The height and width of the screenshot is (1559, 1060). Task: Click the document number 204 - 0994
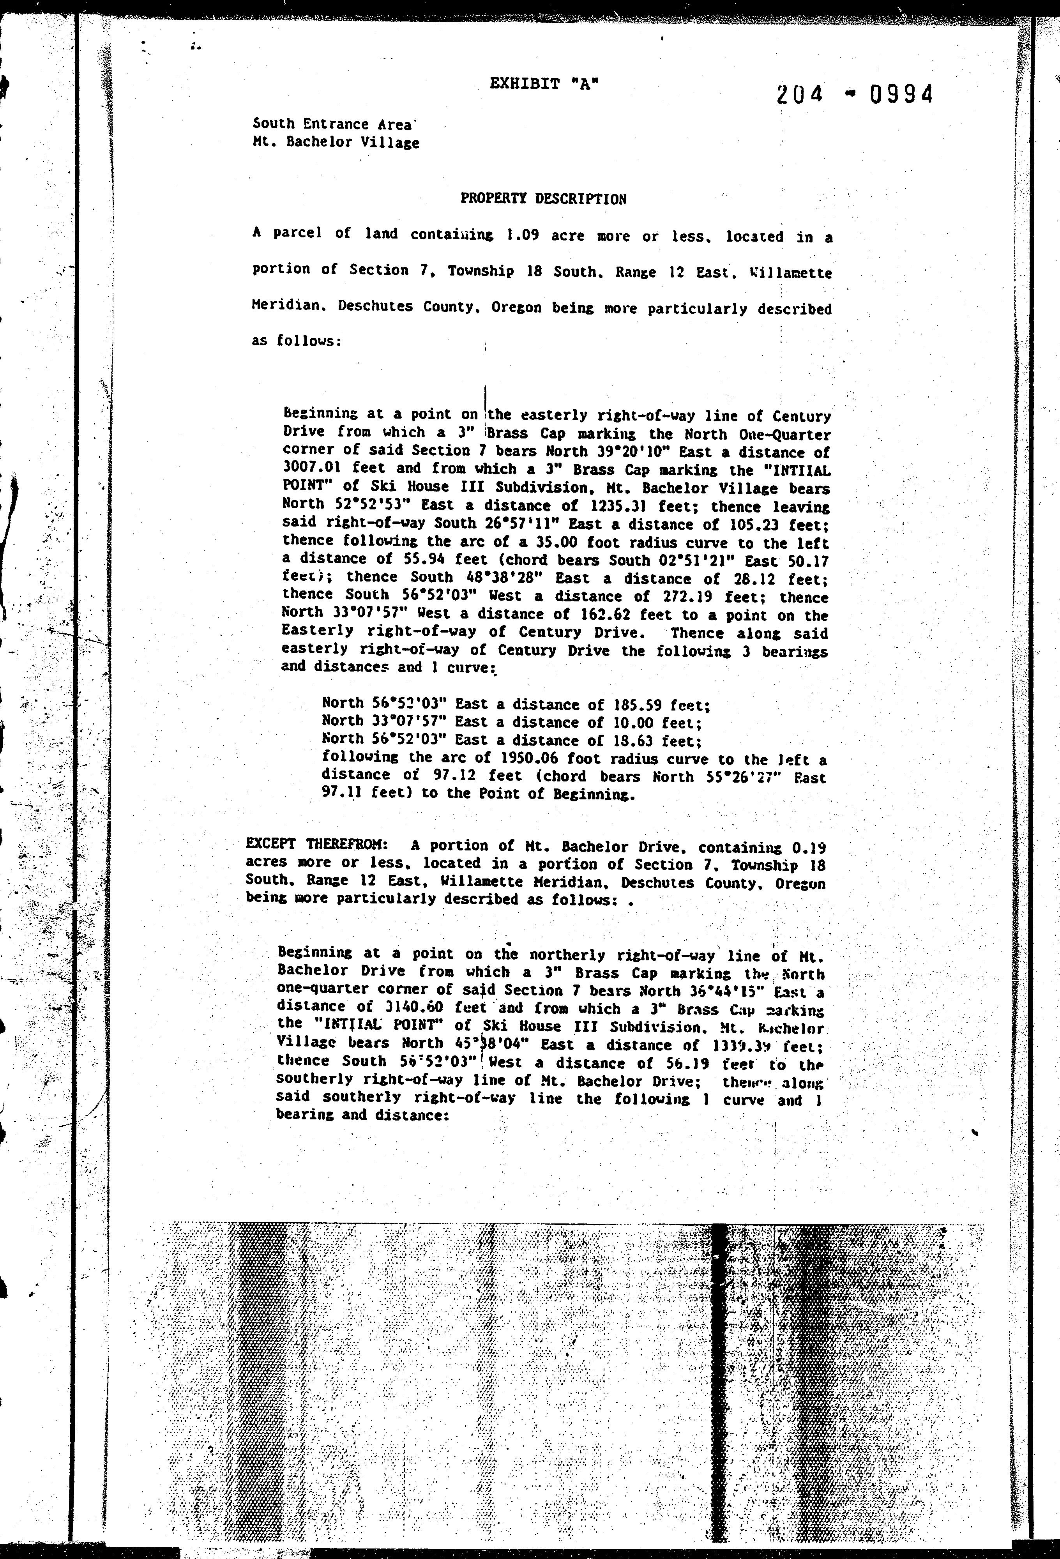(x=854, y=95)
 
